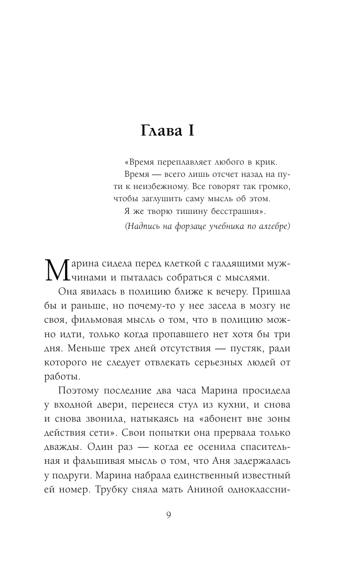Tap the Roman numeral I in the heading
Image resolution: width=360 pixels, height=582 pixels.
pos(190,132)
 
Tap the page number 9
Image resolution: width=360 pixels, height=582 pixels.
pos(169,515)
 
